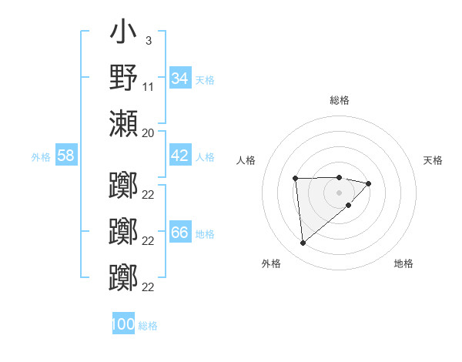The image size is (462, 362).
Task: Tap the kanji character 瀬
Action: [123, 122]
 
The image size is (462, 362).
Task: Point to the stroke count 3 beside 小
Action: [148, 40]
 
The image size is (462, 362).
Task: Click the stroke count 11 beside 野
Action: [149, 86]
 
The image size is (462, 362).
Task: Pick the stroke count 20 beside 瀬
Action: [149, 132]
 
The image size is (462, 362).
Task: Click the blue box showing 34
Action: [179, 79]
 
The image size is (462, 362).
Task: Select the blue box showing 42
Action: [179, 156]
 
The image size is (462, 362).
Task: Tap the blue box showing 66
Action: [179, 233]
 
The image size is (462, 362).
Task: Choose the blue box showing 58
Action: [66, 156]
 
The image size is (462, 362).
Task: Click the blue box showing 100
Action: [123, 324]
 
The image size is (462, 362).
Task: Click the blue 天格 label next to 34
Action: [205, 79]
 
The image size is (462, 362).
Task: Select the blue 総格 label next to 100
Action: [148, 325]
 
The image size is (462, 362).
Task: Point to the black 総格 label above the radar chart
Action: [339, 100]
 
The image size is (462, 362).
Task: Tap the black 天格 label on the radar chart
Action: [434, 160]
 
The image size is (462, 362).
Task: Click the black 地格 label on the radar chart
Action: [403, 263]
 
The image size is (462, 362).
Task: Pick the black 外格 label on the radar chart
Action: [271, 263]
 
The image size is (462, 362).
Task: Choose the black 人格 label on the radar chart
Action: [246, 160]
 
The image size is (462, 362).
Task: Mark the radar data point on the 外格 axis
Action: [303, 243]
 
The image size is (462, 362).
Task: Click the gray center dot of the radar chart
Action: [339, 191]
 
